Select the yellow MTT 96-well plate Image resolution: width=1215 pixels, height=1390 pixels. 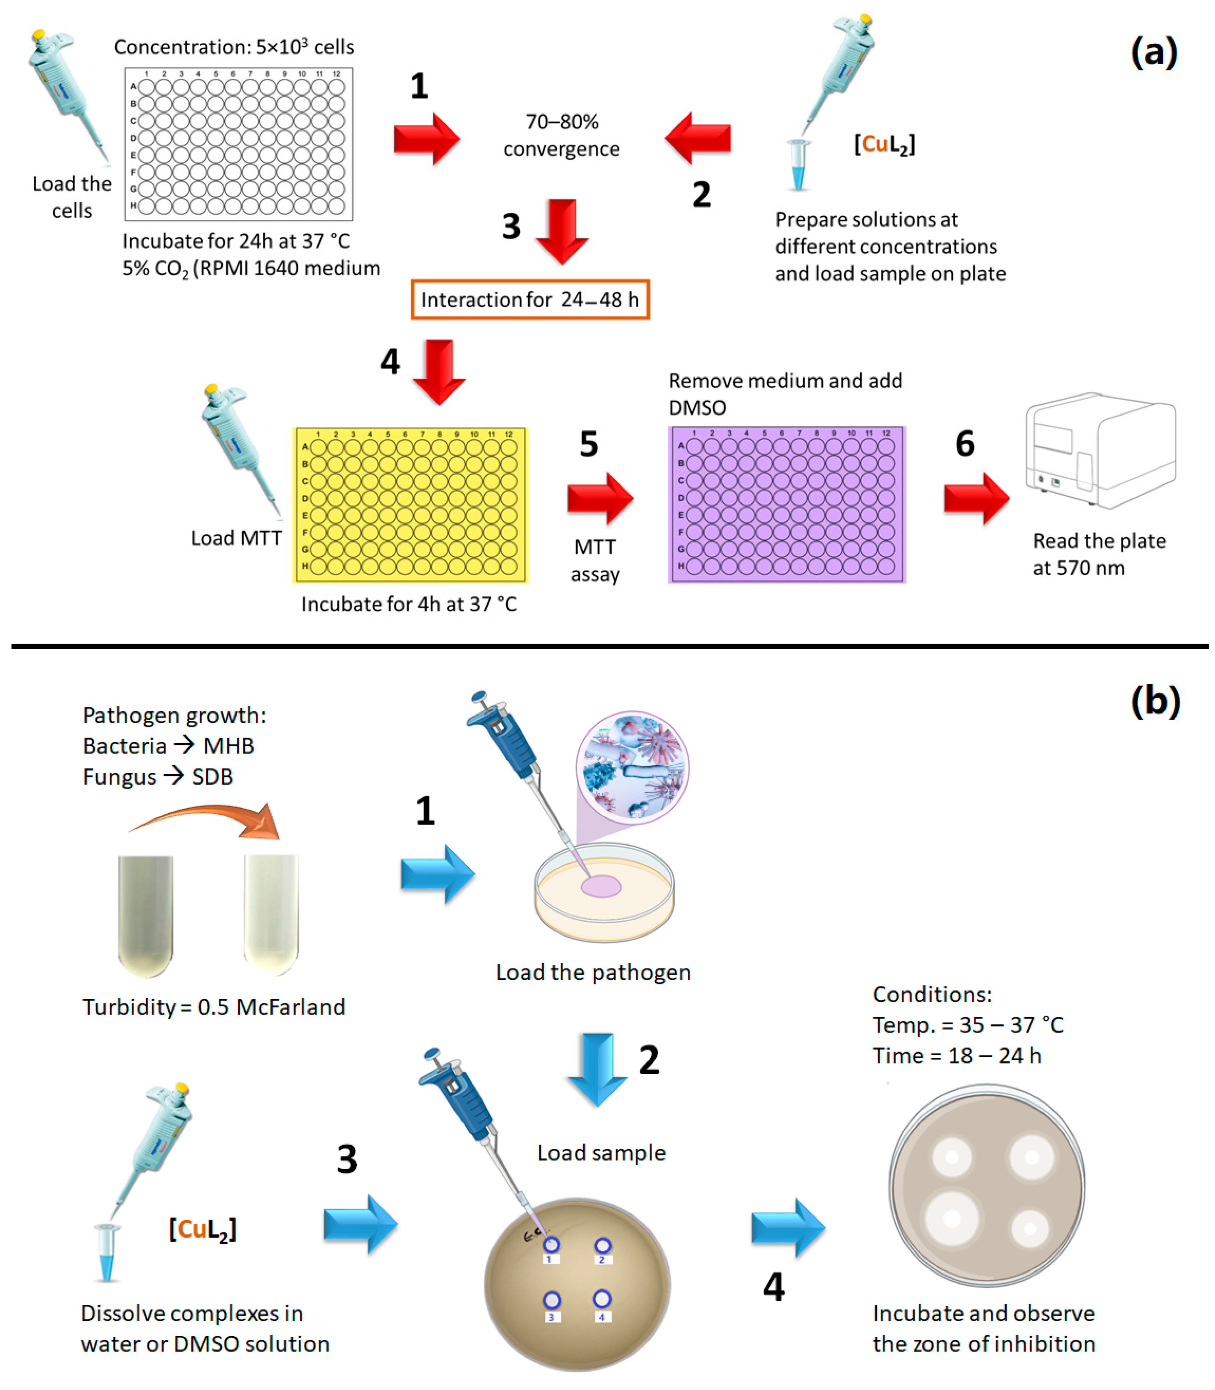(x=409, y=505)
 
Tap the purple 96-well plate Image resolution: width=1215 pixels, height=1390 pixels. (x=787, y=505)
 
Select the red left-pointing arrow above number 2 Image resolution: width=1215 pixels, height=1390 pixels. (x=698, y=138)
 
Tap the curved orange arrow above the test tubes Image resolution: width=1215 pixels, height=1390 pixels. (x=210, y=821)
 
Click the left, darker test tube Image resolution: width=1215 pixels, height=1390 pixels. (x=146, y=915)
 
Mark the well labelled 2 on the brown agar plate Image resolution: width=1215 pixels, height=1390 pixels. (x=602, y=1246)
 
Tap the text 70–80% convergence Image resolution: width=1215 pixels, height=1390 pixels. (x=561, y=135)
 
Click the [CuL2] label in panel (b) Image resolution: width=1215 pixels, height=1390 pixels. (x=203, y=1229)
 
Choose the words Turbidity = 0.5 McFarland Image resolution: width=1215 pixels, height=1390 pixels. (x=214, y=1007)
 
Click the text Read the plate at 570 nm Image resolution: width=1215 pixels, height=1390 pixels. (x=1098, y=554)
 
